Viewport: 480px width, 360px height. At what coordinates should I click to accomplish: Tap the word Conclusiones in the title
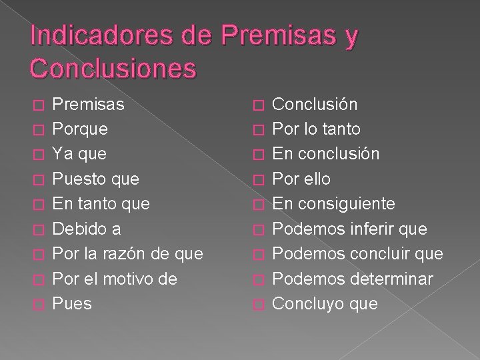click(x=113, y=69)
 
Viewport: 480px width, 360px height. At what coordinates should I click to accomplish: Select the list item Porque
click(x=80, y=129)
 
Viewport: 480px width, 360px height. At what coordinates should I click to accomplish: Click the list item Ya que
click(x=79, y=153)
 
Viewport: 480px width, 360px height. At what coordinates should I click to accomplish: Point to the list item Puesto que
click(x=95, y=179)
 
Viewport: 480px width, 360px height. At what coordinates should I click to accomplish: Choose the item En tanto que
click(x=101, y=203)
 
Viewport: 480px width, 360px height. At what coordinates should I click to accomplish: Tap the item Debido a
click(x=87, y=229)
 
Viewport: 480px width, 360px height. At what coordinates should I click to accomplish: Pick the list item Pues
click(x=72, y=303)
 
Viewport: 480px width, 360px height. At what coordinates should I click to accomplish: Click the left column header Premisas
click(x=88, y=104)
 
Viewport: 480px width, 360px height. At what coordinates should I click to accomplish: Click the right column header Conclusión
click(x=315, y=104)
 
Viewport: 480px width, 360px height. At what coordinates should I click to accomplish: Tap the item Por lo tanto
click(x=317, y=129)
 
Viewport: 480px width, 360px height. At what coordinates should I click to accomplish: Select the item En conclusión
click(x=326, y=153)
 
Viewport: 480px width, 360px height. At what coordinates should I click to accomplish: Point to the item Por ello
click(x=301, y=179)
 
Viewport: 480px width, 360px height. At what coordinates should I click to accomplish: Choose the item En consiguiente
click(x=334, y=203)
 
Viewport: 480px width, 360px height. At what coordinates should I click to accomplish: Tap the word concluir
click(x=377, y=253)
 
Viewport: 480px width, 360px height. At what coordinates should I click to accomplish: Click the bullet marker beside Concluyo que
click(x=260, y=305)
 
